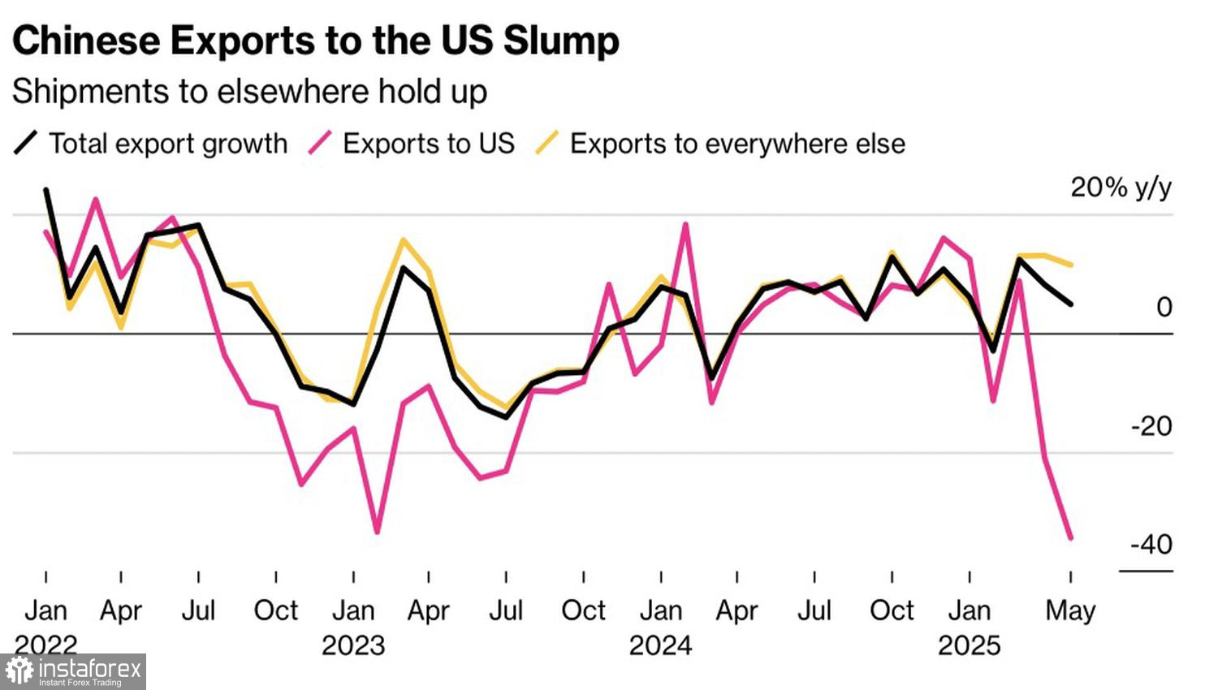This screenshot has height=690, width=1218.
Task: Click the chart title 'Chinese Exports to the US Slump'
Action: pyautogui.click(x=315, y=41)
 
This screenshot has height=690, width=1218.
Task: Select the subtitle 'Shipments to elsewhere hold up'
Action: pyautogui.click(x=249, y=92)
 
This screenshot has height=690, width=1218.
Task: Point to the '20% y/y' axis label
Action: pyautogui.click(x=1121, y=188)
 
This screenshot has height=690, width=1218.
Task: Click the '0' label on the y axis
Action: pyautogui.click(x=1164, y=307)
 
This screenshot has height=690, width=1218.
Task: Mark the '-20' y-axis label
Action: pyautogui.click(x=1151, y=425)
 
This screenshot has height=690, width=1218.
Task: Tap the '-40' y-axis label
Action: pyautogui.click(x=1151, y=544)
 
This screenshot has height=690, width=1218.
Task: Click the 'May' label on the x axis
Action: pyautogui.click(x=1069, y=610)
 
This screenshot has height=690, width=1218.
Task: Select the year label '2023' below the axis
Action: pyautogui.click(x=352, y=645)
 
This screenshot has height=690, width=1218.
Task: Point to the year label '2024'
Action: pyautogui.click(x=660, y=645)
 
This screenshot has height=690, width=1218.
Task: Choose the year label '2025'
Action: pyautogui.click(x=969, y=645)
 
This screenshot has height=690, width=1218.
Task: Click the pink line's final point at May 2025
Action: pyautogui.click(x=1071, y=537)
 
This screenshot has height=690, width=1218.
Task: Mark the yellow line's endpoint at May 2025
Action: pyautogui.click(x=1071, y=265)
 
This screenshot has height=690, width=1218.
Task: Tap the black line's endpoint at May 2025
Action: pyautogui.click(x=1071, y=304)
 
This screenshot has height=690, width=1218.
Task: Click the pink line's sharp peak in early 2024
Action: pyautogui.click(x=686, y=224)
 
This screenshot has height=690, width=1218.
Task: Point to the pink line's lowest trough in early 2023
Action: pyautogui.click(x=378, y=533)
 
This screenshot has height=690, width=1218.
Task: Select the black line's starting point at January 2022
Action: pyautogui.click(x=45, y=190)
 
